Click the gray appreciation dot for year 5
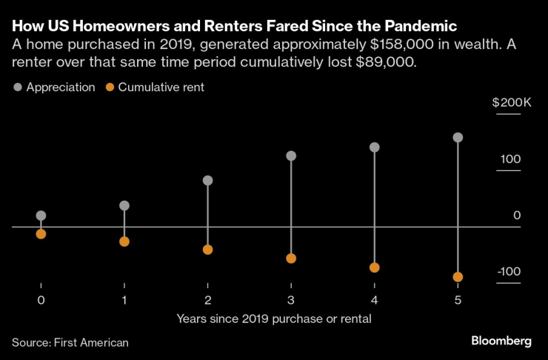458,138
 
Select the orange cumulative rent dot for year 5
458,277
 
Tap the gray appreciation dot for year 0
41,216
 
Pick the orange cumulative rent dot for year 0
41,234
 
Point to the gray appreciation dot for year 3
291,156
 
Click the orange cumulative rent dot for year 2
208,250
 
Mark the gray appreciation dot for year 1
124,205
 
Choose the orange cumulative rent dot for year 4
375,267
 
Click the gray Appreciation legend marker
18,87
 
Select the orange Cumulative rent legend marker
110,87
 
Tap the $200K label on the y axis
512,102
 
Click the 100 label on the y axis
511,159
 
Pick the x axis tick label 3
291,300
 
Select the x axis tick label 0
41,300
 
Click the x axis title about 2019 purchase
274,319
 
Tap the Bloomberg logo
501,341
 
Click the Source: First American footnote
70,342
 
